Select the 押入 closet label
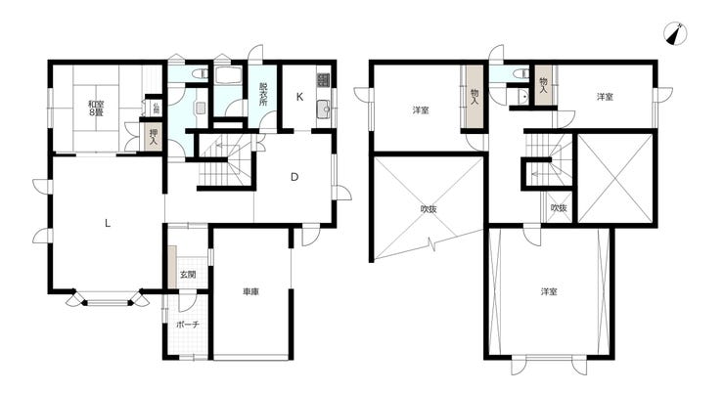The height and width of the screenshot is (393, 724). [x=153, y=136]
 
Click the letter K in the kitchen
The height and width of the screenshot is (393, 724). [x=300, y=97]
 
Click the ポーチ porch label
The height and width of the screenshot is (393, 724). [x=188, y=324]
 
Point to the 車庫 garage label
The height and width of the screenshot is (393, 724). [x=251, y=291]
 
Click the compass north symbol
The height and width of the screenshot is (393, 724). [x=672, y=33]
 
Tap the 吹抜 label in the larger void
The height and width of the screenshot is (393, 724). [x=429, y=208]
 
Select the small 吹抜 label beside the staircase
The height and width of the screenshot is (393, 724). [x=558, y=208]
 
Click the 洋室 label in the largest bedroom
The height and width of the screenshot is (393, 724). [x=549, y=291]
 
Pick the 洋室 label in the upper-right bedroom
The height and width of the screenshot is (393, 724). [x=605, y=97]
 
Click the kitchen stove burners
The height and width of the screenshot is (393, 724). [x=324, y=79]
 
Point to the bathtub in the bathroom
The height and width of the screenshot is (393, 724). [x=231, y=78]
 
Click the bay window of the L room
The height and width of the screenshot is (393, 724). [x=108, y=302]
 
